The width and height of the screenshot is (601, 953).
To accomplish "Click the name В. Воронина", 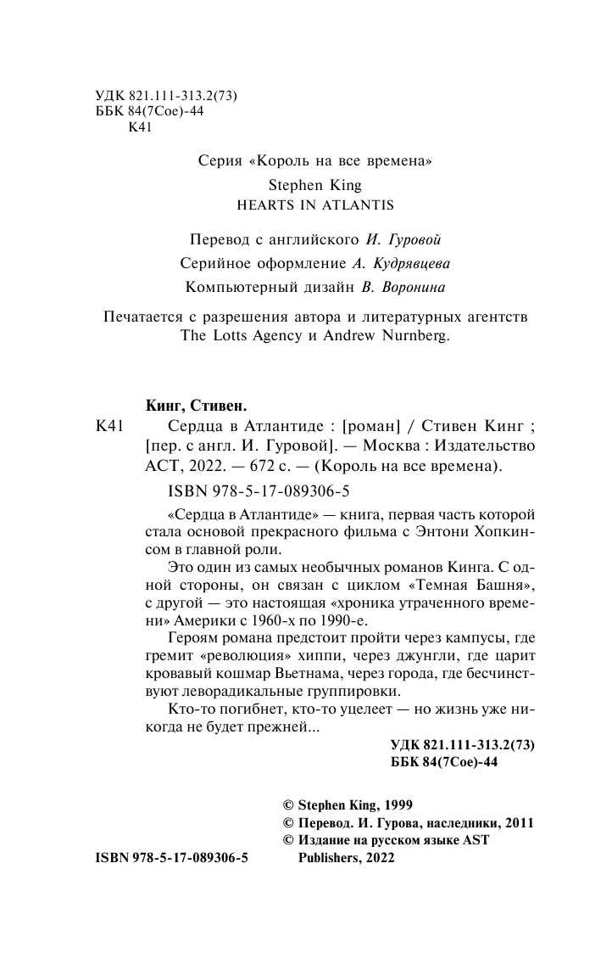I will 403,288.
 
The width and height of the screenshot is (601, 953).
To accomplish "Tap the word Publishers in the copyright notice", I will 333,858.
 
